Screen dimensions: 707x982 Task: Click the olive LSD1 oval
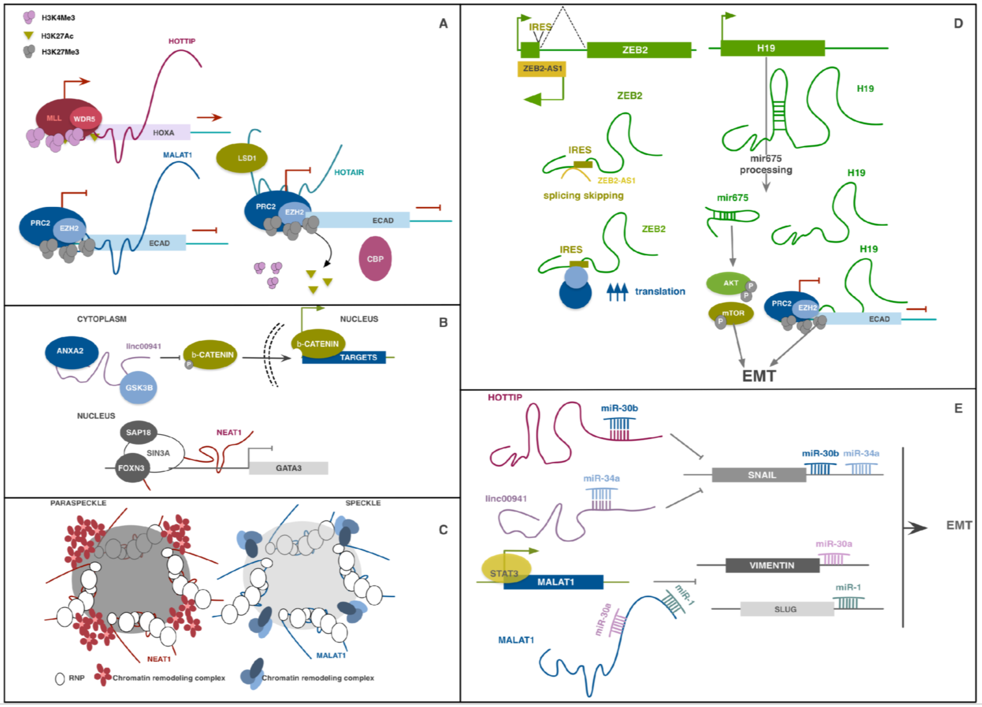point(242,158)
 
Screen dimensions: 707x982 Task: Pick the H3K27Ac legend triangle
point(29,36)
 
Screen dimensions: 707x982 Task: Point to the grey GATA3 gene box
point(288,468)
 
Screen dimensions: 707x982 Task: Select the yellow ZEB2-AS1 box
point(542,68)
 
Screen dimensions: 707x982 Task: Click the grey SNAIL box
point(759,475)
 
